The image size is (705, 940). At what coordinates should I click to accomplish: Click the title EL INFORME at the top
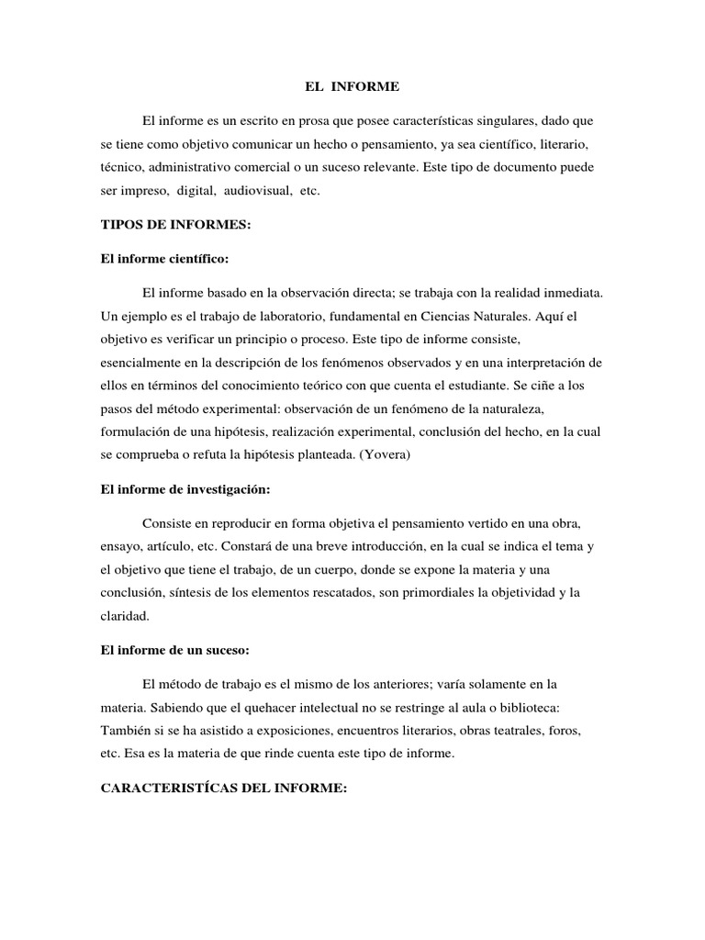[353, 88]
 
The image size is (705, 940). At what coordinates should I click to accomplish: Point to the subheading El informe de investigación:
[185, 489]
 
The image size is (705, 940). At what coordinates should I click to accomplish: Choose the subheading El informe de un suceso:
[174, 650]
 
